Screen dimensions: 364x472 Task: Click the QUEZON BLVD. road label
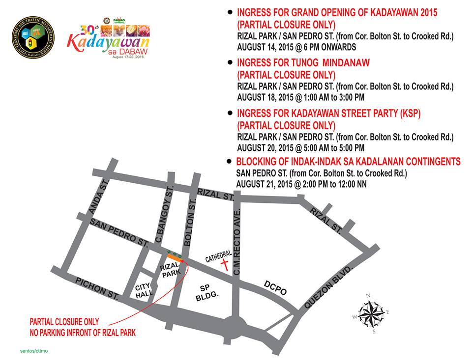coord(329,287)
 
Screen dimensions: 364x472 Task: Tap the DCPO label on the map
coord(275,288)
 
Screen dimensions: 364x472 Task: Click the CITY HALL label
coord(144,290)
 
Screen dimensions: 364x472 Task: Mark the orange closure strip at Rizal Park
coord(173,256)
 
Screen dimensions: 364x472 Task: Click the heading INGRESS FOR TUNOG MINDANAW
coord(303,63)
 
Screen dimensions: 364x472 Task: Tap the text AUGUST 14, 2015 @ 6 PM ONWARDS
coord(296,47)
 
